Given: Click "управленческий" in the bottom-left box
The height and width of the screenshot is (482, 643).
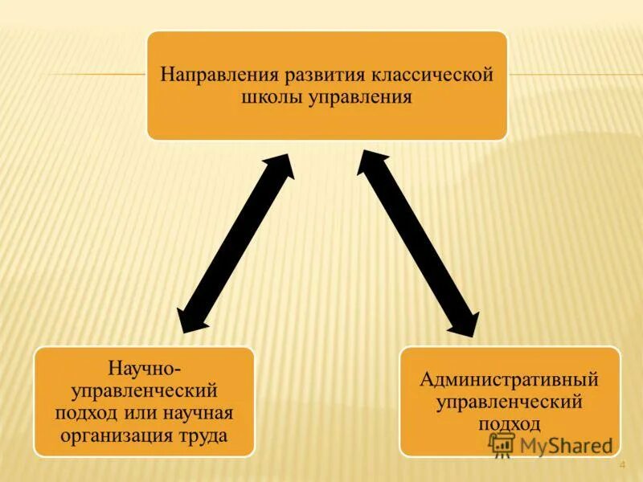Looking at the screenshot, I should click(144, 390).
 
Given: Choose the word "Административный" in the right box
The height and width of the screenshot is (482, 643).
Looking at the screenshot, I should click(510, 378).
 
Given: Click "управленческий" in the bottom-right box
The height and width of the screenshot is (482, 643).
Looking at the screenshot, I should click(510, 400).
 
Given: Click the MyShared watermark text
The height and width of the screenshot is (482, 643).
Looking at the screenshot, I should click(566, 445).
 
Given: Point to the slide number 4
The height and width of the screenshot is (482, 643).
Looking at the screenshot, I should click(622, 467).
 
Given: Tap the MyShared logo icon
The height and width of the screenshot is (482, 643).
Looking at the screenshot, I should click(502, 444).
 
